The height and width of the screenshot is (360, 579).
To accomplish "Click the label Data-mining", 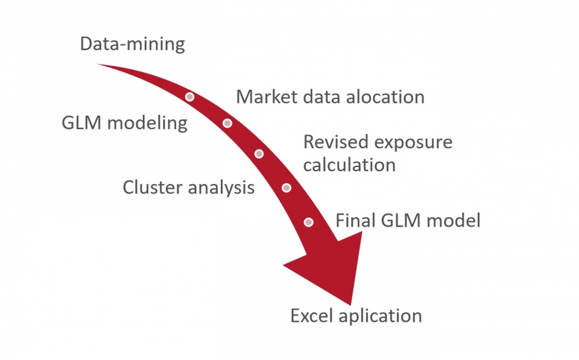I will tap(133, 45).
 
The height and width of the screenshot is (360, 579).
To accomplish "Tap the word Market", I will tap(264, 96).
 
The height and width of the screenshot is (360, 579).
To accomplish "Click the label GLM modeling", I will tap(125, 123).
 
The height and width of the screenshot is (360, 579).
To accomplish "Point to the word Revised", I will tap(334, 142).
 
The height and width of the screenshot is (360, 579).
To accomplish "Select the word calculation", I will tap(349, 165).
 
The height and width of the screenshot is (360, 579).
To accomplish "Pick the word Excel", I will tap(312, 315).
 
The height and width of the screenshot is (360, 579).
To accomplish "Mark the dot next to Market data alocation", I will tap(189, 96).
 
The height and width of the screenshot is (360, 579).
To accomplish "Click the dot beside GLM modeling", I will tap(227, 123).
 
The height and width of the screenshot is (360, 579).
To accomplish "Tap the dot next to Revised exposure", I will tap(259, 154).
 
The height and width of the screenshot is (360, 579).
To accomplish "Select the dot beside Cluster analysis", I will tap(286, 188).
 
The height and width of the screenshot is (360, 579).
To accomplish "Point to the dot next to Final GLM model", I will tap(309, 222).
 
